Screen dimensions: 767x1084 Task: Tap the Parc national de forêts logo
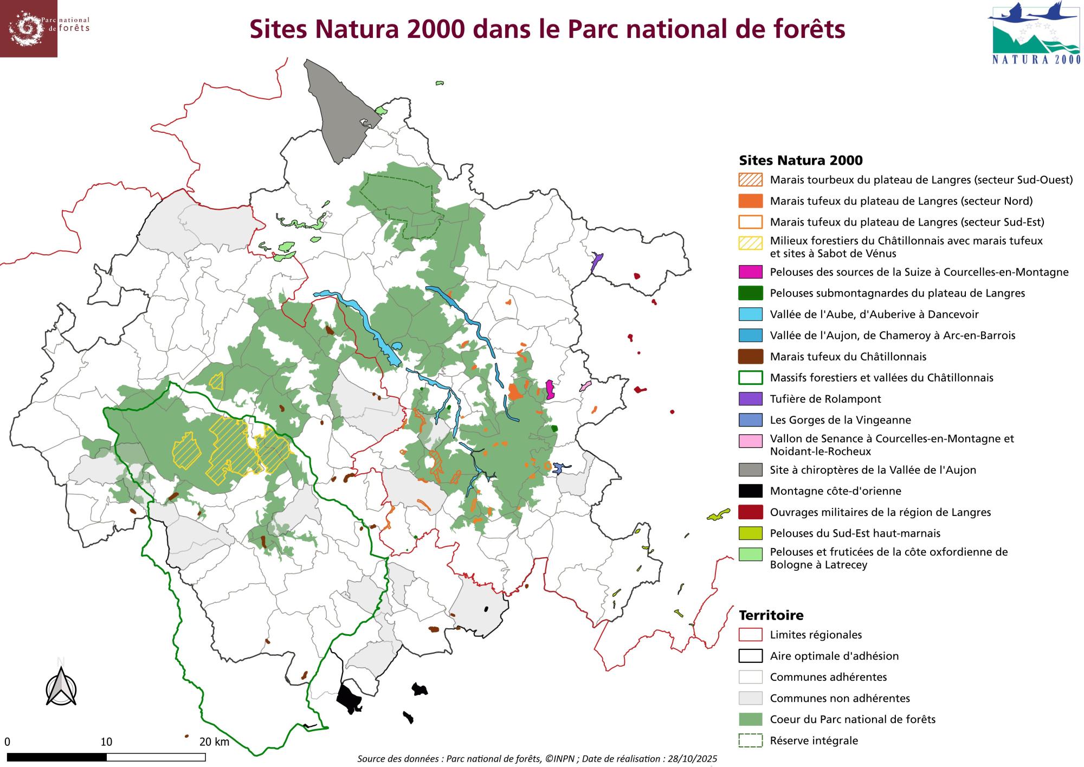(28, 28)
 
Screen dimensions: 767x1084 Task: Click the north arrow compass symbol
(61, 687)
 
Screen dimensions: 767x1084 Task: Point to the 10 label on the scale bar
(106, 742)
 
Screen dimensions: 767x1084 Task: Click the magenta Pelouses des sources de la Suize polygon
(550, 389)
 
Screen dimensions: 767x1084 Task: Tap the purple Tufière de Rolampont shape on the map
(597, 261)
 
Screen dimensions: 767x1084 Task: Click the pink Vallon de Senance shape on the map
(585, 386)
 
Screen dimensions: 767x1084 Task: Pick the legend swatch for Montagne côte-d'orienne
(750, 491)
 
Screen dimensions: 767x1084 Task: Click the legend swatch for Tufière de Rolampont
(750, 399)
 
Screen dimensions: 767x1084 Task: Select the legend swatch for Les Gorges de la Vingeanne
(750, 420)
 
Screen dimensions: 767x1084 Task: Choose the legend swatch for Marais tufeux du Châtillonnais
(750, 357)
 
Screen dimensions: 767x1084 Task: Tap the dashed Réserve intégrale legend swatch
(750, 740)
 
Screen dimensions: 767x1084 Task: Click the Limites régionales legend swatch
(750, 635)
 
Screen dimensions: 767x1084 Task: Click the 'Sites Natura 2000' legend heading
(801, 160)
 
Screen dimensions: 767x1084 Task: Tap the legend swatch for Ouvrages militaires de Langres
(750, 512)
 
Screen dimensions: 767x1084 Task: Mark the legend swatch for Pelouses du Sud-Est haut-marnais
(750, 533)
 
